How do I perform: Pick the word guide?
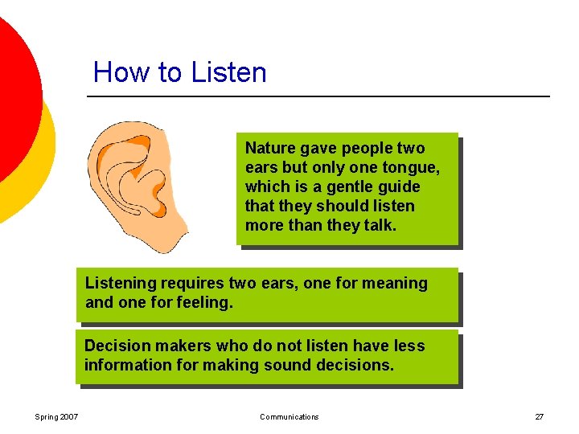tap(399, 186)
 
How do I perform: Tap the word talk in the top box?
tap(378, 225)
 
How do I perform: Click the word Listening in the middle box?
tap(121, 283)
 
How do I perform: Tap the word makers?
tap(181, 346)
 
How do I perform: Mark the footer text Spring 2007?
tap(56, 416)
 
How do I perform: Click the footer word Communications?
tap(289, 416)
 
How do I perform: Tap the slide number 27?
tap(539, 416)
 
